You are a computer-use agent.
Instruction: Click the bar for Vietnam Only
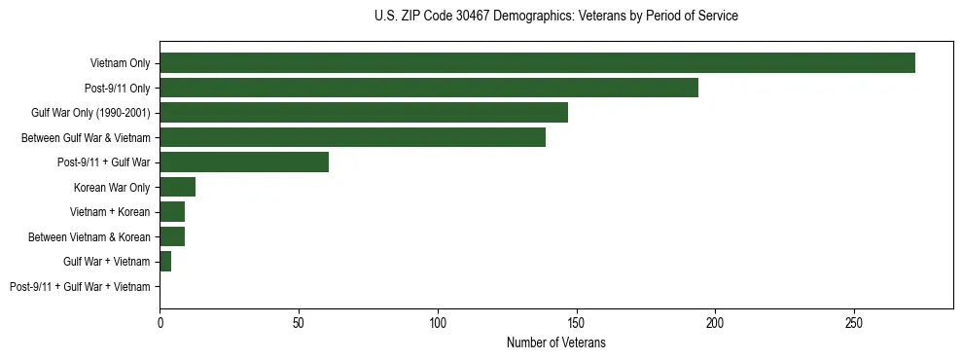537,63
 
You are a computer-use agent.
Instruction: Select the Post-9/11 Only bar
429,88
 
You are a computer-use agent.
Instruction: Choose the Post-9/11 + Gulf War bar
244,162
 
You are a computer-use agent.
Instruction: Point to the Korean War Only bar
178,187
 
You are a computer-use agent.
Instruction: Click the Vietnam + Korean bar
172,212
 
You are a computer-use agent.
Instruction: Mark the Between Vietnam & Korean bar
172,236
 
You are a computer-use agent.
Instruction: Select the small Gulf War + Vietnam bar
165,262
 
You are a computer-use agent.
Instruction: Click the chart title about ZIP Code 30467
555,17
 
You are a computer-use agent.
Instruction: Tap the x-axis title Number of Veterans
555,342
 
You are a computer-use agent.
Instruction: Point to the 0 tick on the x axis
160,322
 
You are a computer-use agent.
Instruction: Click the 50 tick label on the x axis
299,322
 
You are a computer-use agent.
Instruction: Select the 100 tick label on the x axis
438,322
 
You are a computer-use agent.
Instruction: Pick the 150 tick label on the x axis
576,322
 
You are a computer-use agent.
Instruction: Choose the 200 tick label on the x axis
715,322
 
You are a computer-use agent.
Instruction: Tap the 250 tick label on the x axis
854,322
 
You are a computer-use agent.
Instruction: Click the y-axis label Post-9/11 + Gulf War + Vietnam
80,287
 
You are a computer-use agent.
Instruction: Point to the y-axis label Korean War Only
112,188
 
